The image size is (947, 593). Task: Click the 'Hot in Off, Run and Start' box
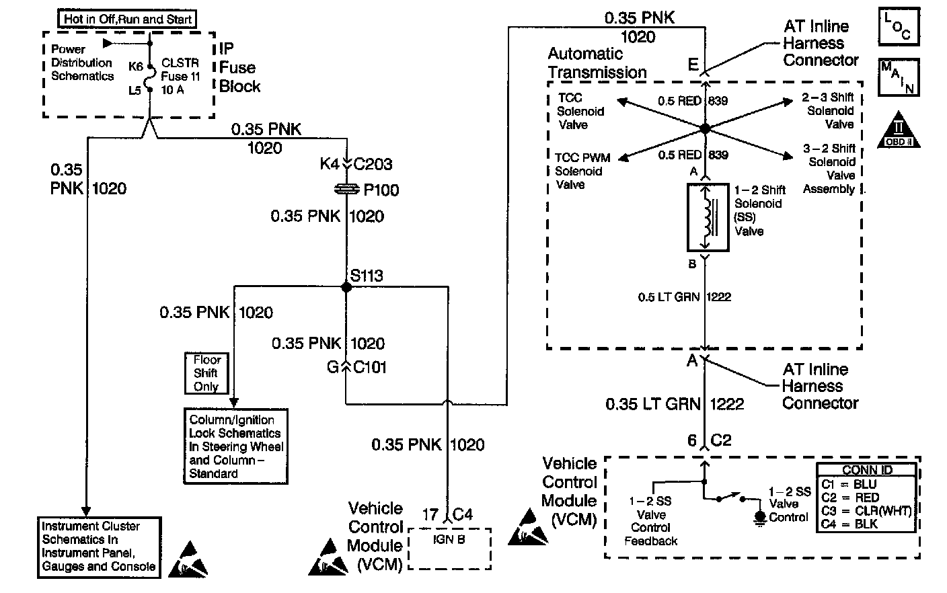tap(128, 19)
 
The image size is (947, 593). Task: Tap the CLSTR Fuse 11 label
tap(180, 76)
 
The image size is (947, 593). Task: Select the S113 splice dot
tap(346, 287)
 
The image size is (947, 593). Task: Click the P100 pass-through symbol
tap(346, 190)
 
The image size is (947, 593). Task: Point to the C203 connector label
tap(373, 164)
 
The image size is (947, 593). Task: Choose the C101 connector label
tap(370, 368)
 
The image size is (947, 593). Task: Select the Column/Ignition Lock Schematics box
tap(236, 446)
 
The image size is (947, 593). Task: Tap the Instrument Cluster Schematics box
tap(99, 547)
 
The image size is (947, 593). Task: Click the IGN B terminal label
tap(449, 539)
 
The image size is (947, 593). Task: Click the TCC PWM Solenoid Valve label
tap(582, 171)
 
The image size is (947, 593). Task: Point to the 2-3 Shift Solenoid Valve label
tap(829, 111)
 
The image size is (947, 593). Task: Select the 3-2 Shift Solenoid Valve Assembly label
tap(829, 168)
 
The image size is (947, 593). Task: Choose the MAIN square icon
tap(899, 77)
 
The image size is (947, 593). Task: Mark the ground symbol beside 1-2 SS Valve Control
tap(761, 517)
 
